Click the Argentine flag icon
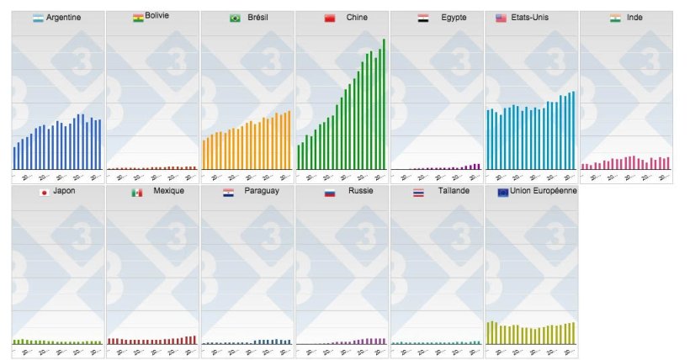point(38,18)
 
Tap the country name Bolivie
point(157,16)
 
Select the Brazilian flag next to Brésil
point(235,18)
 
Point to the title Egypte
point(454,18)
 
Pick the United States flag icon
point(501,18)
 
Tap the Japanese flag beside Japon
point(43,193)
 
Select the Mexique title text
point(168,192)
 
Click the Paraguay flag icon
point(228,193)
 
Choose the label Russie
point(361,192)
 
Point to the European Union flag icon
point(503,193)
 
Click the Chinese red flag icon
point(330,18)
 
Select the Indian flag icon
point(616,18)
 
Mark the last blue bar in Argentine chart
point(99,145)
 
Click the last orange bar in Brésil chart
point(289,140)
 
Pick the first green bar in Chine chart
point(299,157)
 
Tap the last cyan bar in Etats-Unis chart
point(573,130)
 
